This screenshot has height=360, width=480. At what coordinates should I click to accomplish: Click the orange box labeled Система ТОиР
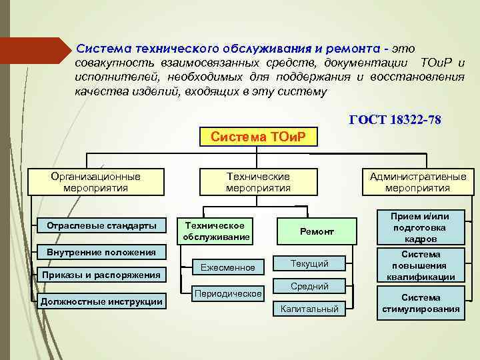click(258, 137)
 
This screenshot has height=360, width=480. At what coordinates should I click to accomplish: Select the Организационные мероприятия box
click(96, 182)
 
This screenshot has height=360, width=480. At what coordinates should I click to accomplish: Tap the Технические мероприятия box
click(258, 182)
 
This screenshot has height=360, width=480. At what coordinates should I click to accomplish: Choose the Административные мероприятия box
click(417, 182)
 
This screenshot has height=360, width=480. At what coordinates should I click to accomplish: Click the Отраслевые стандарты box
click(101, 225)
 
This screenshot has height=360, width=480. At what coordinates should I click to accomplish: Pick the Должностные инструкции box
click(101, 301)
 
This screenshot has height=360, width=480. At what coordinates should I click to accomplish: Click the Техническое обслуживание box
click(217, 231)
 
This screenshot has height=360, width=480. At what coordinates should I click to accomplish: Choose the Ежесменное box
click(228, 267)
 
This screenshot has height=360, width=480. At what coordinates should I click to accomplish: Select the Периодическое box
click(228, 293)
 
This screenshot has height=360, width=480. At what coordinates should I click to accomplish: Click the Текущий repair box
click(310, 263)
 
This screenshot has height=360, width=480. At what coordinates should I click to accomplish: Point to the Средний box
click(310, 286)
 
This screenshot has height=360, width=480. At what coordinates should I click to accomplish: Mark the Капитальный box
click(310, 309)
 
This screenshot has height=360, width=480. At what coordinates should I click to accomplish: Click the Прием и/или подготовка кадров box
click(420, 227)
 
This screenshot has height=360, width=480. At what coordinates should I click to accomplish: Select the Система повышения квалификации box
click(420, 265)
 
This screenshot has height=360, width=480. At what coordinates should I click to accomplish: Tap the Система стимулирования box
click(420, 303)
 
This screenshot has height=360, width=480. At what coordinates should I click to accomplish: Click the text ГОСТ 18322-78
click(395, 119)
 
